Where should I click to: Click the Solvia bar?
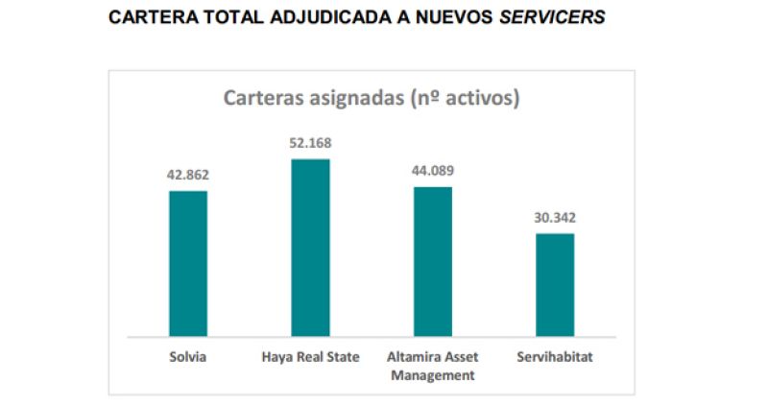(188, 263)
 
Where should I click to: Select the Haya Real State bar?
(310, 248)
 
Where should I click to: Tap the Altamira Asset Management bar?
(432, 261)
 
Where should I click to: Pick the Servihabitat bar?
(554, 284)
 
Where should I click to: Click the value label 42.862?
(188, 175)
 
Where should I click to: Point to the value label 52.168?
(310, 143)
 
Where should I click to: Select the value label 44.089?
(432, 171)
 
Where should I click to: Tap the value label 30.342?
(554, 217)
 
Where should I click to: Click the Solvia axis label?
(188, 357)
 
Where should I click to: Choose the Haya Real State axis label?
(310, 357)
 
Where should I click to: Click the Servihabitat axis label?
(554, 357)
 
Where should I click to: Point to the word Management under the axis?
(432, 374)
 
